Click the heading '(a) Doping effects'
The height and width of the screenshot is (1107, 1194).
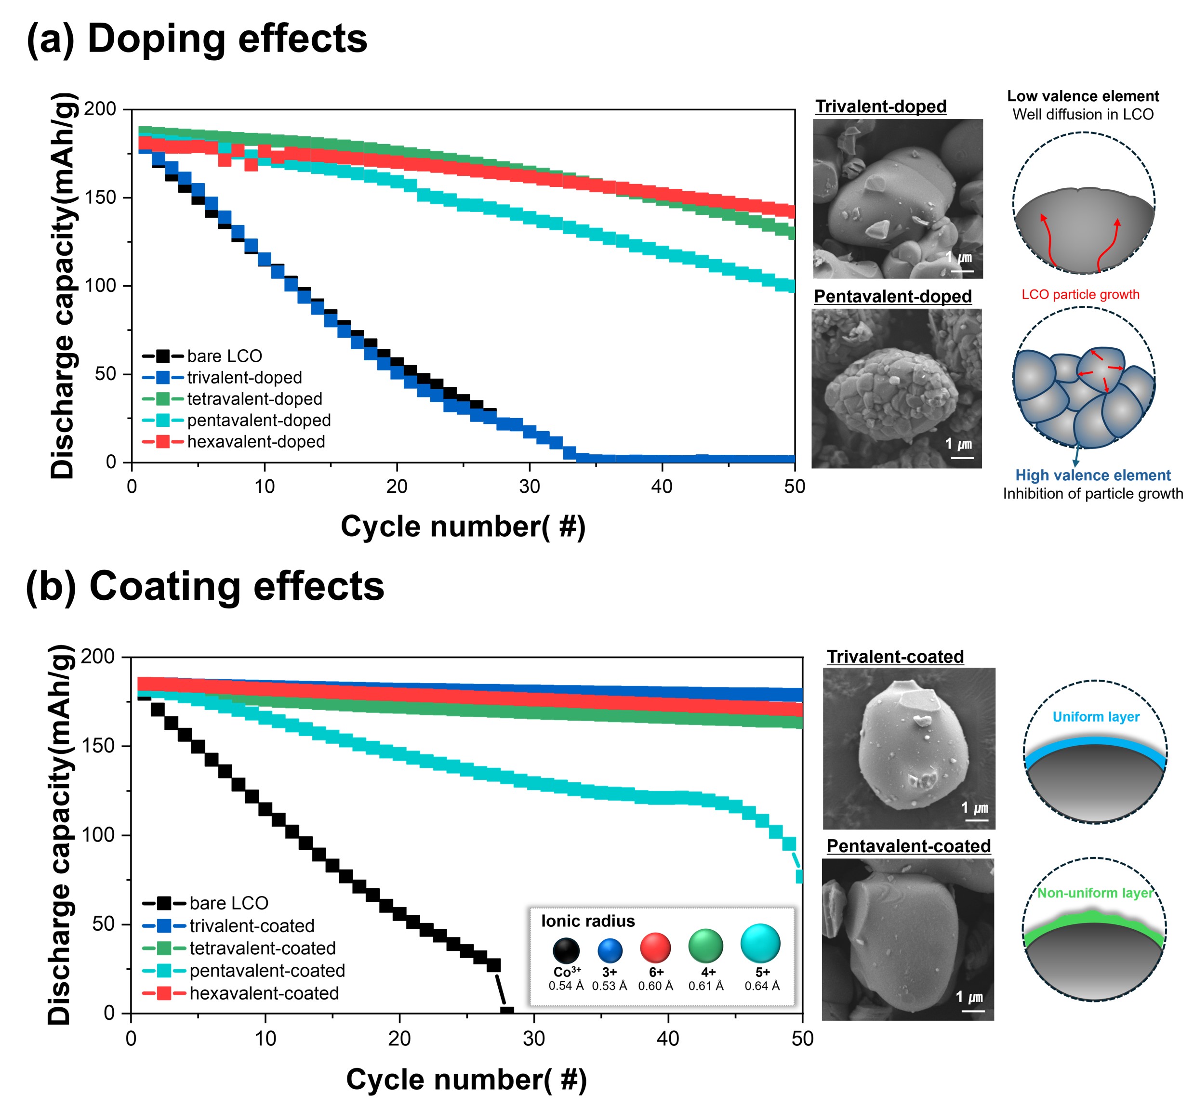tap(197, 39)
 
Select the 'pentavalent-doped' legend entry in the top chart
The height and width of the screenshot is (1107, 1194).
tap(259, 421)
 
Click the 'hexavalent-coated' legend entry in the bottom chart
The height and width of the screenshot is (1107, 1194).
tap(264, 993)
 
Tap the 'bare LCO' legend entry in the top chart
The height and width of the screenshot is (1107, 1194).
tap(224, 356)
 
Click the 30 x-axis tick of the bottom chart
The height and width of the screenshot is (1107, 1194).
tap(533, 1038)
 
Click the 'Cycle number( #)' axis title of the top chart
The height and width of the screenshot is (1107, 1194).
tap(463, 527)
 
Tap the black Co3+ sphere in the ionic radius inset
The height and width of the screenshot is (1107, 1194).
tap(566, 950)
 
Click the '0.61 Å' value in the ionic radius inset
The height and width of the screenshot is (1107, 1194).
tap(706, 986)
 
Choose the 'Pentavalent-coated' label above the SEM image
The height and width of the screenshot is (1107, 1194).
tap(908, 846)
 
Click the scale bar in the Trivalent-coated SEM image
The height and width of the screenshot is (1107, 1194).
tap(977, 820)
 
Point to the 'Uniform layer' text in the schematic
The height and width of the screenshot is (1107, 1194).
tap(1096, 717)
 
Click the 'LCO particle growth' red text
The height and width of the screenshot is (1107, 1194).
tap(1080, 295)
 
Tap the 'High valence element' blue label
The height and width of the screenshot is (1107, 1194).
tap(1092, 475)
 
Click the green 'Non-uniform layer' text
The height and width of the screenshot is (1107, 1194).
tap(1095, 893)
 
